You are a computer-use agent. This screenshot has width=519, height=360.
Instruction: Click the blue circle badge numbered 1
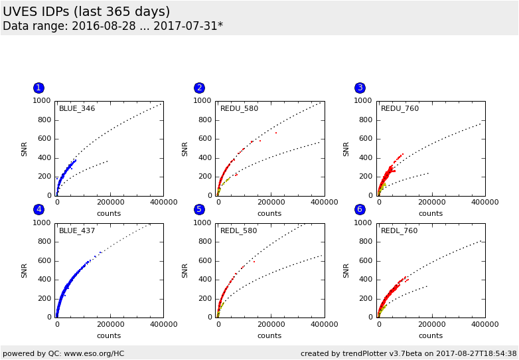pyautogui.click(x=38, y=88)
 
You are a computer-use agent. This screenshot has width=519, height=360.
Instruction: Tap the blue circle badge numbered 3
pyautogui.click(x=360, y=88)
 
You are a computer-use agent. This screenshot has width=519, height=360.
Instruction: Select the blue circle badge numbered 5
pyautogui.click(x=199, y=209)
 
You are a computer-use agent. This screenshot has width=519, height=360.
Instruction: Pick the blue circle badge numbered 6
pyautogui.click(x=360, y=209)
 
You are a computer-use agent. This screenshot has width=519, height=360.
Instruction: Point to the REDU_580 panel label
pyautogui.click(x=239, y=108)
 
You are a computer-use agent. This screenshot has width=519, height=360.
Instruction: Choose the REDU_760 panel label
pyautogui.click(x=400, y=108)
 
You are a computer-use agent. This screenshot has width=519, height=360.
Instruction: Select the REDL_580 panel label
pyautogui.click(x=238, y=230)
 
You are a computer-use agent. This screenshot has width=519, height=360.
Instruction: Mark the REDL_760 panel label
pyautogui.click(x=399, y=230)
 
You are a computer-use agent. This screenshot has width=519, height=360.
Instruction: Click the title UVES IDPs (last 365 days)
pyautogui.click(x=86, y=12)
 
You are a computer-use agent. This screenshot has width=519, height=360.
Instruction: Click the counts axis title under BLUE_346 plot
pyautogui.click(x=109, y=213)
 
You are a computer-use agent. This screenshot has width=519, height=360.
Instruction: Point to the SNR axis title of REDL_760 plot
pyautogui.click(x=346, y=270)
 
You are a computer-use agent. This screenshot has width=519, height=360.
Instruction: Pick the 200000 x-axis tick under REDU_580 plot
pyautogui.click(x=269, y=203)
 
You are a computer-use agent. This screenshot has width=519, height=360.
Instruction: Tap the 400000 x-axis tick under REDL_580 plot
pyautogui.click(x=323, y=325)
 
